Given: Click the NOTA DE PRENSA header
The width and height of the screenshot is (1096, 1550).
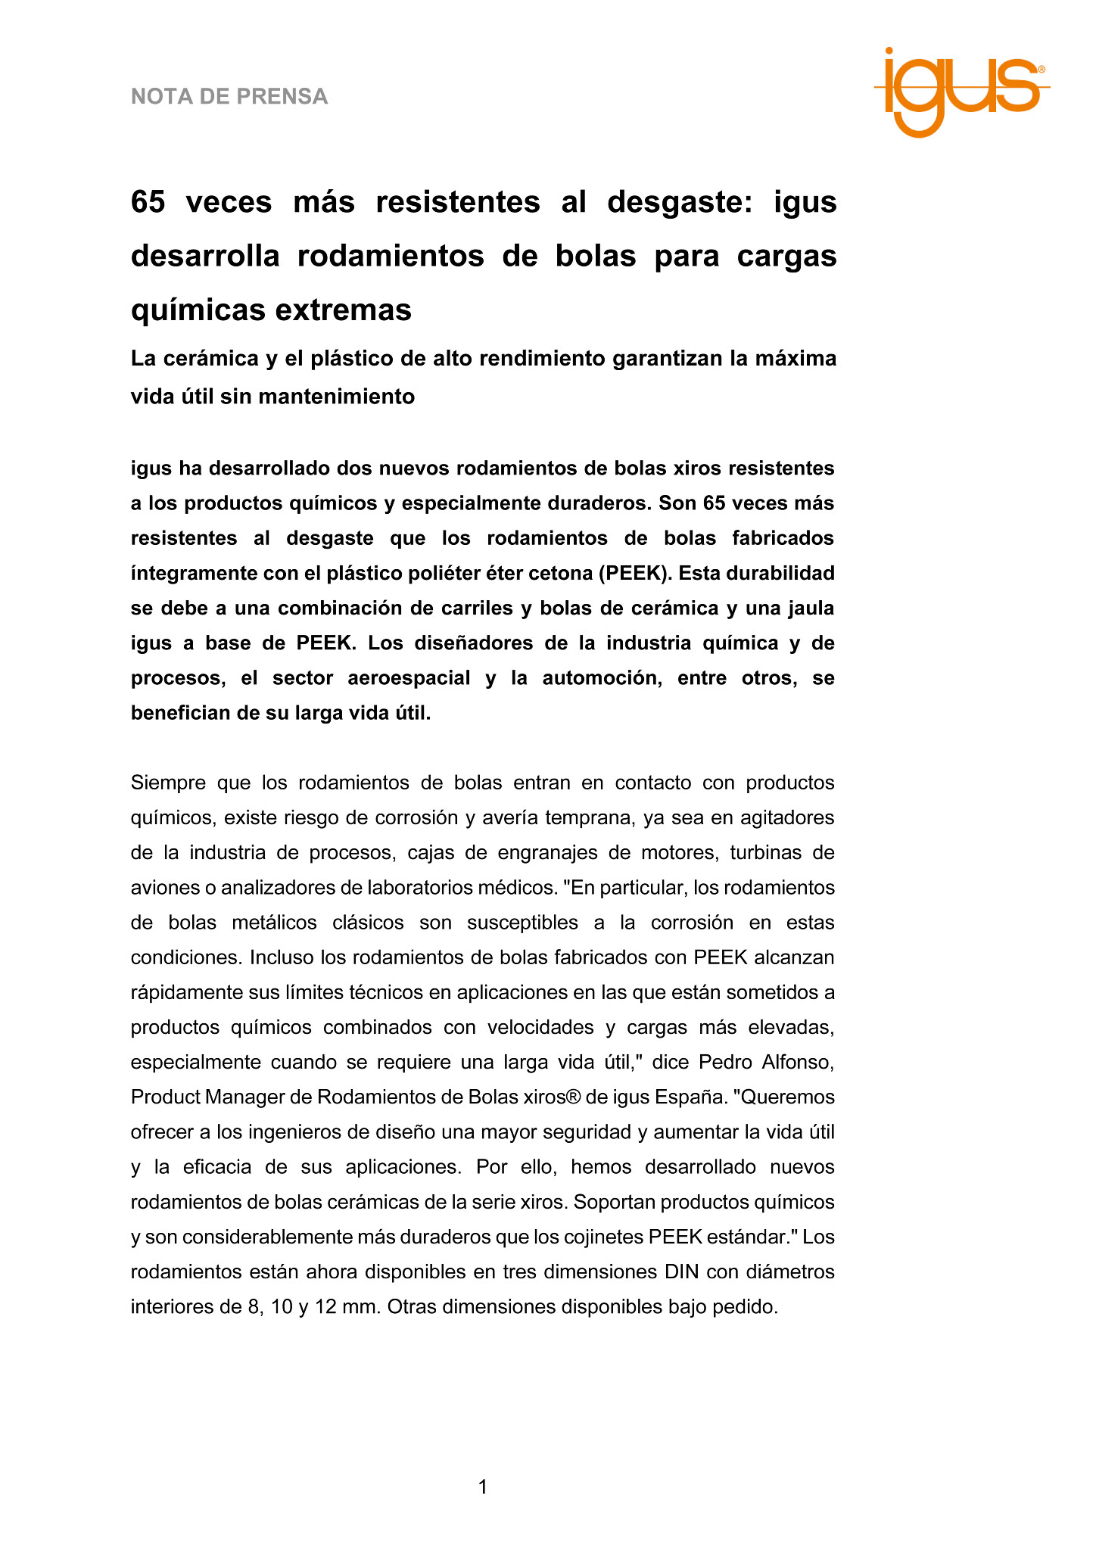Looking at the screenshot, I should pyautogui.click(x=229, y=97).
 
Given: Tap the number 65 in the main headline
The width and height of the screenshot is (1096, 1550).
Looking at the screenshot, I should pyautogui.click(x=148, y=202).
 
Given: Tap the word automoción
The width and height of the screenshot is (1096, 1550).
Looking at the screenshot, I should pyautogui.click(x=599, y=678).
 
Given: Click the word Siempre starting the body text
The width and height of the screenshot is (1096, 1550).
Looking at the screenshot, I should pyautogui.click(x=169, y=783).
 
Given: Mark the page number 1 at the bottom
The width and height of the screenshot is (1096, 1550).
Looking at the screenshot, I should pyautogui.click(x=483, y=1488).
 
